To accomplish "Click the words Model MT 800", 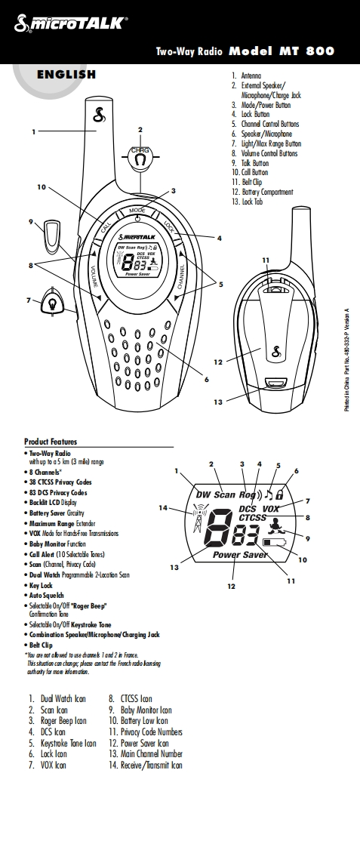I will click(x=281, y=51).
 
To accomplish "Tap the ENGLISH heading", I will click(x=66, y=75).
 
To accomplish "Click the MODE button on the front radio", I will click(x=137, y=211).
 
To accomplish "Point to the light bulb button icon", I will click(x=52, y=300).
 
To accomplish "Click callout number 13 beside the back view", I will click(x=218, y=402).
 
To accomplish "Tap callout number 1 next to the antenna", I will click(x=34, y=132).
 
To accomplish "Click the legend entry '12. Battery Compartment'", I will click(x=262, y=192).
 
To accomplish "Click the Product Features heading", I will click(x=51, y=442).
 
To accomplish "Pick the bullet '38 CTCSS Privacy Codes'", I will click(x=60, y=482).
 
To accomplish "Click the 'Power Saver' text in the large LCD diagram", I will click(x=239, y=555).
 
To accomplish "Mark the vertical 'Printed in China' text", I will click(x=346, y=359).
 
